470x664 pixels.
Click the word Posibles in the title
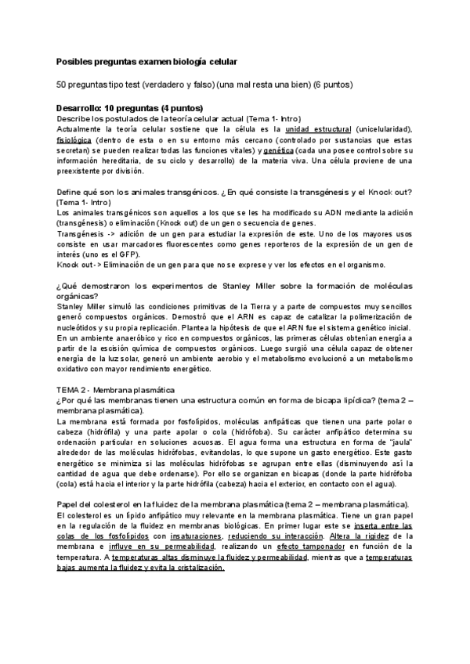73,61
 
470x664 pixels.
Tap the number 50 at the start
61,85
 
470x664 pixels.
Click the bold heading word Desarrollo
83,108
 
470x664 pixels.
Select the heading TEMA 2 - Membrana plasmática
117,389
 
